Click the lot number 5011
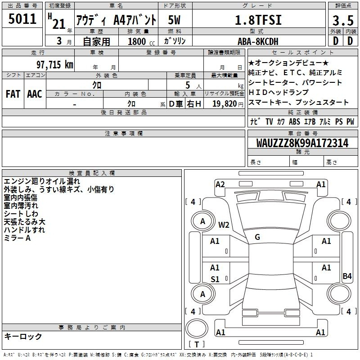coord(22,19)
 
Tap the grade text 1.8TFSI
coord(258,20)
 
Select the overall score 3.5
coord(343,20)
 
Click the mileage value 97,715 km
coord(55,65)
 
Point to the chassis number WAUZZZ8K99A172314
coord(302,143)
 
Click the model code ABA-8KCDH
coord(258,41)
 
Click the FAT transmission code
coord(13,94)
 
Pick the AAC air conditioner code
coord(35,94)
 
